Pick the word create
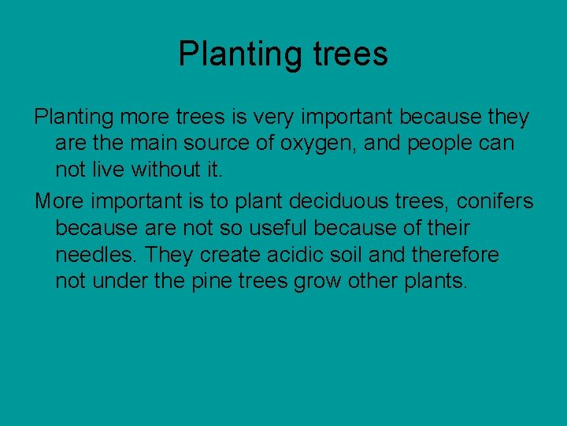pos(232,255)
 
